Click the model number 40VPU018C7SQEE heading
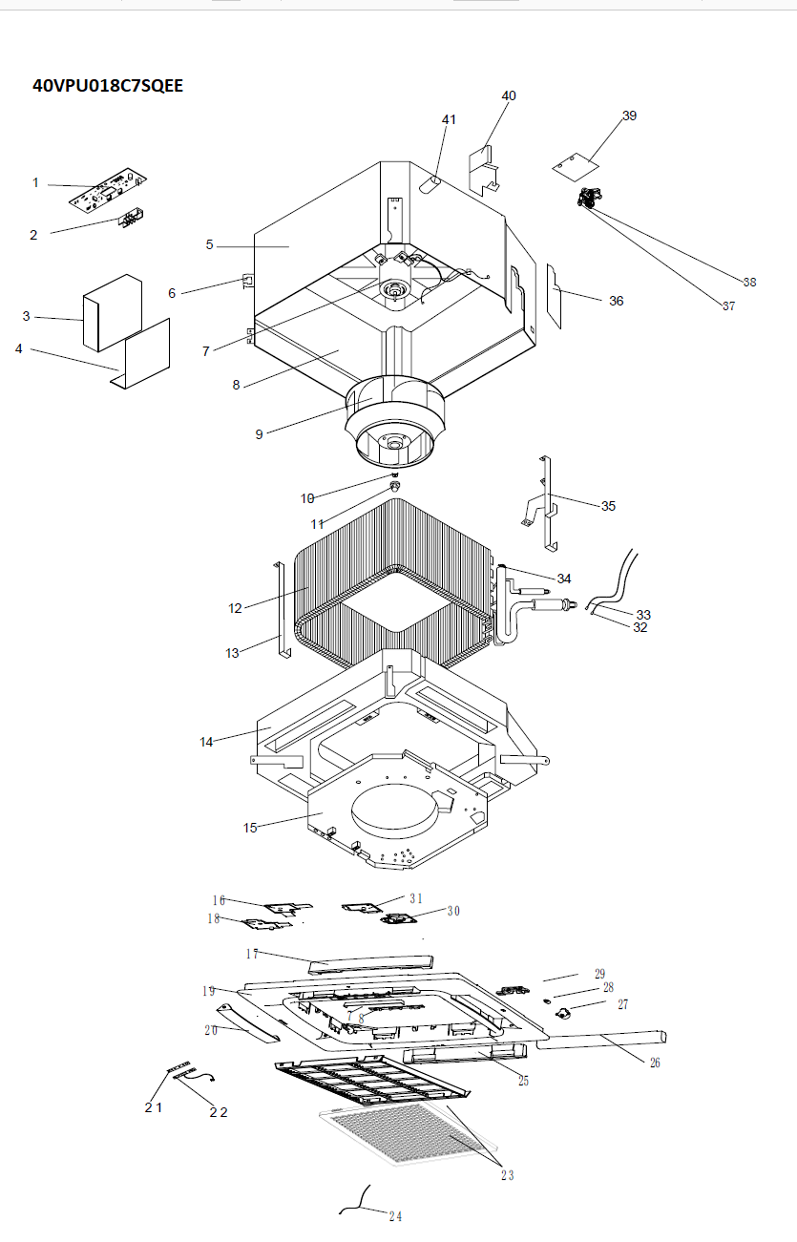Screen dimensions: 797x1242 [108, 86]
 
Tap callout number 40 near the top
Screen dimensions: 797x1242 [509, 95]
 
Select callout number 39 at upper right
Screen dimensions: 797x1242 [630, 116]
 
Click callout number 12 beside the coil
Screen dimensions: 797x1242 [235, 608]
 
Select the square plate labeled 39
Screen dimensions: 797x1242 [576, 167]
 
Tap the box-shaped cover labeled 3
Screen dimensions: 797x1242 [113, 312]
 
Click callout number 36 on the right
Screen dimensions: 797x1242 [617, 301]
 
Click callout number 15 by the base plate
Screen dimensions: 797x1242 [250, 828]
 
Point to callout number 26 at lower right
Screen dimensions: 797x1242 [655, 1063]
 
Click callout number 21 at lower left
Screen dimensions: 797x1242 [154, 1107]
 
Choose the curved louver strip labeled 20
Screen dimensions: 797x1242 [248, 1023]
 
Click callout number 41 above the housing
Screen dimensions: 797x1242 [449, 119]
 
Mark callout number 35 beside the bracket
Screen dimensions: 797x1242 [609, 506]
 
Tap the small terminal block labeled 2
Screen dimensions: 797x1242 [131, 218]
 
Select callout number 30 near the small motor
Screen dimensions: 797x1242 [454, 911]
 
